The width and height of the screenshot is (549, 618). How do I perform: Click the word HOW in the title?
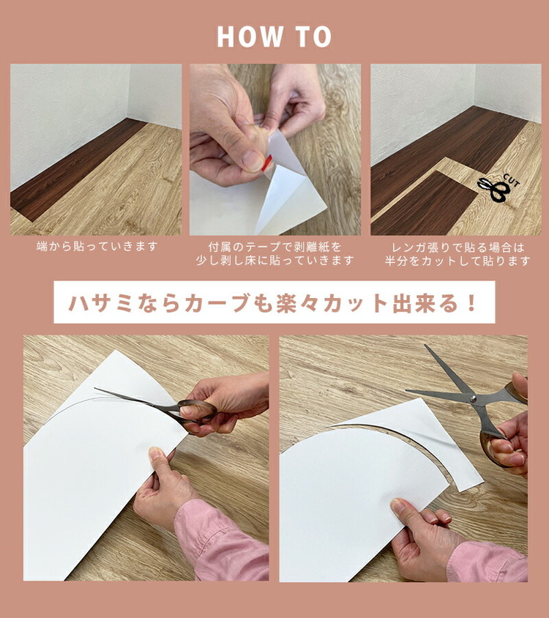[x=250, y=37]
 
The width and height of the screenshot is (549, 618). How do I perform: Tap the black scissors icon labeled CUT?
[x=494, y=190]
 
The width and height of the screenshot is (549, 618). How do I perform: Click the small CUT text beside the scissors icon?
[x=512, y=182]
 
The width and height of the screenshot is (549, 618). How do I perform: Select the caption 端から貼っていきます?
[x=97, y=246]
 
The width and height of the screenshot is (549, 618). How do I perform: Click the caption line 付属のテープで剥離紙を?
[x=274, y=247]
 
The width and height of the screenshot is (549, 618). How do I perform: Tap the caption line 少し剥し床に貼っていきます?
[x=274, y=260]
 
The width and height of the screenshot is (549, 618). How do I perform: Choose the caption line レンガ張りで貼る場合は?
[x=458, y=247]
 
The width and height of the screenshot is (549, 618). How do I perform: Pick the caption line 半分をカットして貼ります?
[x=457, y=261]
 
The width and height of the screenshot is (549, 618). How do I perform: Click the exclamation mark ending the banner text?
[x=471, y=302]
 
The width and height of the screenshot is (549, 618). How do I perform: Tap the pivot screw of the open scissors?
[x=473, y=398]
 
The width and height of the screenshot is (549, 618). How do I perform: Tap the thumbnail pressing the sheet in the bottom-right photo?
[x=397, y=506]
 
